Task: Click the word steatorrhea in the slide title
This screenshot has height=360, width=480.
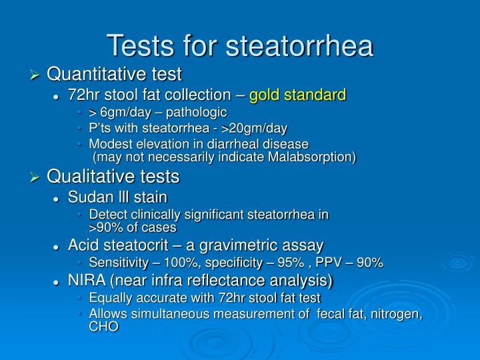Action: click(300, 45)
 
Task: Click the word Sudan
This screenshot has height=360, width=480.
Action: click(89, 197)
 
